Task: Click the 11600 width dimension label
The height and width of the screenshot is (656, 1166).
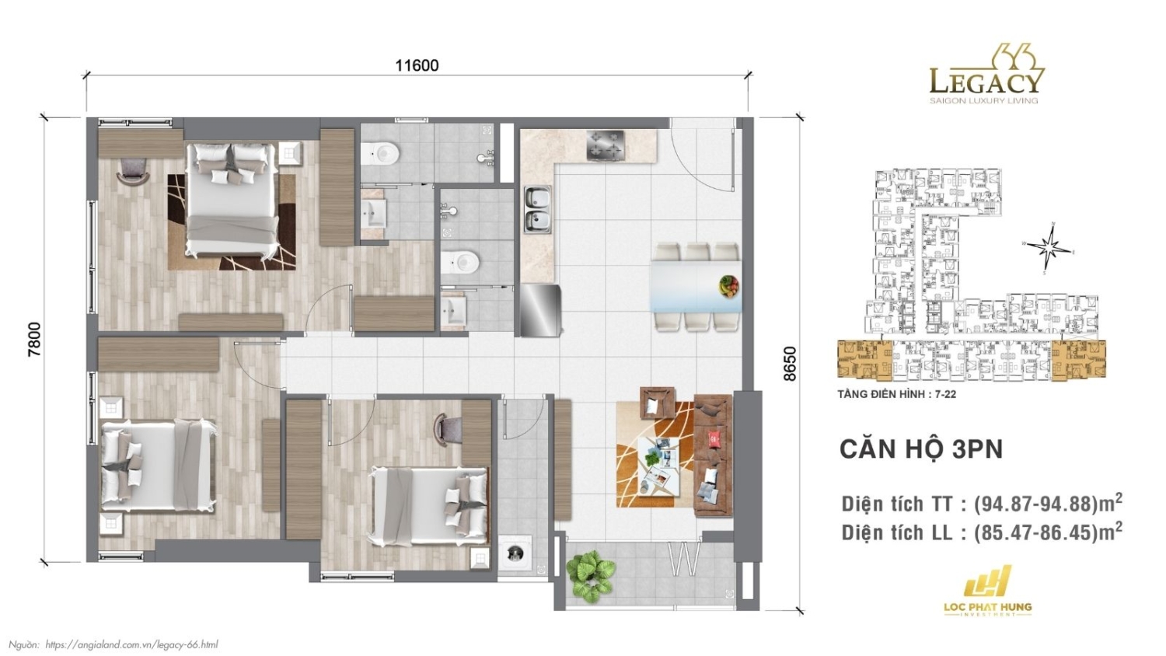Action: (x=417, y=65)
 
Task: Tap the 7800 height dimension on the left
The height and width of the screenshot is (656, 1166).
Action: (x=34, y=339)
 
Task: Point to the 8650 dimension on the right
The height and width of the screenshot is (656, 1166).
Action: (x=790, y=363)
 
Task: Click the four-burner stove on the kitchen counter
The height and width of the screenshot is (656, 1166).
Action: (x=606, y=145)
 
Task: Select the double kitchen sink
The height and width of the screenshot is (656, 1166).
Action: (x=536, y=210)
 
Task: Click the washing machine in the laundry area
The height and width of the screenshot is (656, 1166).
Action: (x=515, y=553)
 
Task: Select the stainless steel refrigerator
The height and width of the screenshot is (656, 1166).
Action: (x=540, y=310)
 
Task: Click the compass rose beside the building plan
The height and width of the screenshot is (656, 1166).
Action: (x=1050, y=248)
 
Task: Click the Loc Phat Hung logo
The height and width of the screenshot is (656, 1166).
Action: (x=987, y=591)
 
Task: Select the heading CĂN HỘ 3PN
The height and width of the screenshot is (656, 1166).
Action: (x=921, y=448)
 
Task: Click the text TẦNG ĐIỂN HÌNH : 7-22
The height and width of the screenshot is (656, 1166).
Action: (x=896, y=394)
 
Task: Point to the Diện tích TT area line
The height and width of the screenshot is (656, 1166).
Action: (x=981, y=504)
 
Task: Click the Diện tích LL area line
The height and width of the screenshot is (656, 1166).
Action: (x=981, y=532)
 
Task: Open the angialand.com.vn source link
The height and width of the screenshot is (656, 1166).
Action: (x=131, y=644)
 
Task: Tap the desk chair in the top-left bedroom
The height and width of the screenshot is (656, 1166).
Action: (x=133, y=171)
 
